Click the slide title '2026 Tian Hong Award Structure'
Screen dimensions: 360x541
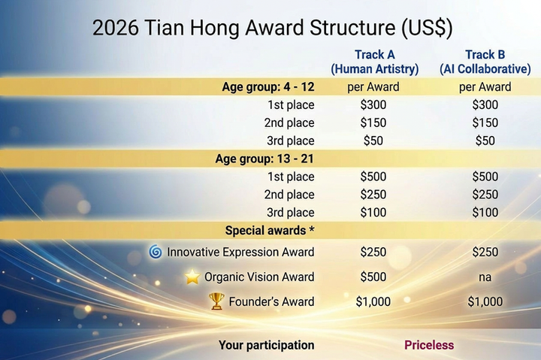pyautogui.click(x=271, y=27)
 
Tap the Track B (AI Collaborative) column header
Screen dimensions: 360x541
pyautogui.click(x=485, y=62)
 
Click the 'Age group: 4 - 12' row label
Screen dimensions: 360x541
pyautogui.click(x=268, y=86)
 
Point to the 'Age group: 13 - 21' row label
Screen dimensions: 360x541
pyautogui.click(x=264, y=159)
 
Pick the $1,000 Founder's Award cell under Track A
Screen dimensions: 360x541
pyautogui.click(x=373, y=301)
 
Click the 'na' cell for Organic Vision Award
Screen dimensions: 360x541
pyautogui.click(x=485, y=277)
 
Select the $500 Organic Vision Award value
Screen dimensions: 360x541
pyautogui.click(x=373, y=277)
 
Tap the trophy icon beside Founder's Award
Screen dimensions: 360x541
pyautogui.click(x=216, y=301)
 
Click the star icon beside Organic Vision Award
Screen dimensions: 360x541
pyautogui.click(x=192, y=277)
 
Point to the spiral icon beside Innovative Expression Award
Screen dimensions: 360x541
pyautogui.click(x=156, y=252)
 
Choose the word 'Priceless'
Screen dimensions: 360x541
pyautogui.click(x=429, y=345)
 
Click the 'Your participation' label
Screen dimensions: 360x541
pyautogui.click(x=266, y=345)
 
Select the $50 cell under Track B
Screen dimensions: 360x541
pyautogui.click(x=485, y=141)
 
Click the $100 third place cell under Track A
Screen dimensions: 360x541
pyautogui.click(x=373, y=213)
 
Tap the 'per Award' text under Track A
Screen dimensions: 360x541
pyautogui.click(x=373, y=86)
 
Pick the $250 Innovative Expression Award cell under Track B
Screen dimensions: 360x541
pyautogui.click(x=485, y=252)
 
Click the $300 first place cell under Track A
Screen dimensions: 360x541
pyautogui.click(x=373, y=104)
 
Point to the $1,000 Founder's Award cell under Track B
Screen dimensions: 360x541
pyautogui.click(x=485, y=301)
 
